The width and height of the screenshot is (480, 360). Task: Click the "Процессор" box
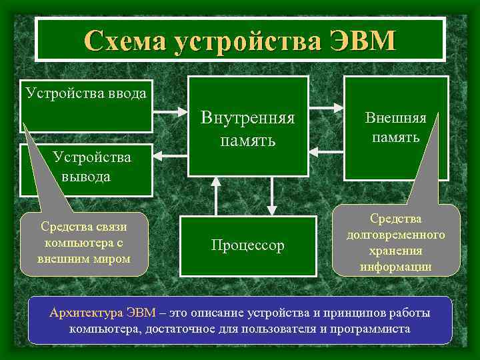[248, 245]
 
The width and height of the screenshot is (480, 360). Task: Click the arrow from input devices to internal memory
[170, 109]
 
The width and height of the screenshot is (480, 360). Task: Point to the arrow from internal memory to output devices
[170, 152]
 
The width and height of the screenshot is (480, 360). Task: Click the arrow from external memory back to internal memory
[326, 153]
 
